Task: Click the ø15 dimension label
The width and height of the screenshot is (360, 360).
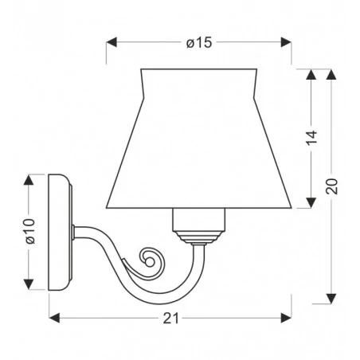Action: pyautogui.click(x=199, y=42)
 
